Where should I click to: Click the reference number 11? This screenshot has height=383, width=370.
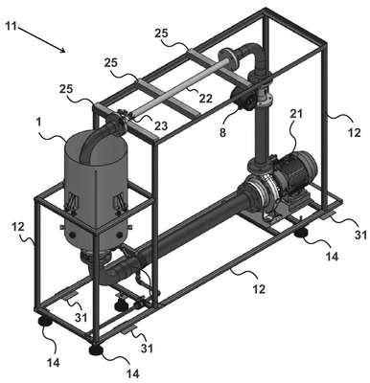click(x=11, y=26)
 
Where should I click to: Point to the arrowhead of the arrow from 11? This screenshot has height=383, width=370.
click(x=64, y=50)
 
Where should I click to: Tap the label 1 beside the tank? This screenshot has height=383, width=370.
click(x=39, y=123)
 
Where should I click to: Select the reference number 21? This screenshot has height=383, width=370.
click(x=296, y=114)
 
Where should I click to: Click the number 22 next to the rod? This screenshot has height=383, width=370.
click(x=205, y=99)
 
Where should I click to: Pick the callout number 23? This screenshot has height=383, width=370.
click(x=161, y=125)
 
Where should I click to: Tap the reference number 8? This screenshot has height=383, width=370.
click(x=222, y=131)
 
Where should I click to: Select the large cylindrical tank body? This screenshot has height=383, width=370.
click(x=95, y=190)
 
